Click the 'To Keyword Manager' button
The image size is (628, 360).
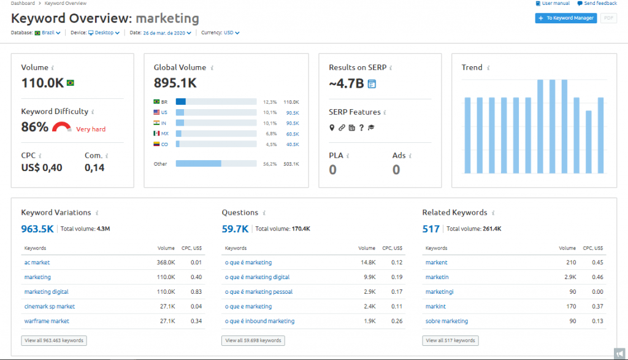pyautogui.click(x=565, y=18)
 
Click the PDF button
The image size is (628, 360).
pyautogui.click(x=608, y=18)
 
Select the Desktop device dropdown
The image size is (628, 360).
pyautogui.click(x=104, y=33)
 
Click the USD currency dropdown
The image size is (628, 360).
pyautogui.click(x=231, y=33)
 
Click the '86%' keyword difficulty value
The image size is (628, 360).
pyautogui.click(x=34, y=127)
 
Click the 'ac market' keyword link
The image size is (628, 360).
pyautogui.click(x=37, y=262)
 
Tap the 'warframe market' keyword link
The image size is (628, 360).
pyautogui.click(x=47, y=321)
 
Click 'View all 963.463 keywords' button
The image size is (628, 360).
pyautogui.click(x=54, y=340)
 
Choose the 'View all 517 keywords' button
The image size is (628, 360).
pyautogui.click(x=450, y=340)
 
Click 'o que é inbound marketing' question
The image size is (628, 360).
pyautogui.click(x=259, y=321)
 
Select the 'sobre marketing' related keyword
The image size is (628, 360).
pyautogui.click(x=446, y=321)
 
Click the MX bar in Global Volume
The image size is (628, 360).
pyautogui.click(x=216, y=133)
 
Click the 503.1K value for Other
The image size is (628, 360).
pyautogui.click(x=292, y=164)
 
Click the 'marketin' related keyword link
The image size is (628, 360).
pyautogui.click(x=437, y=277)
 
